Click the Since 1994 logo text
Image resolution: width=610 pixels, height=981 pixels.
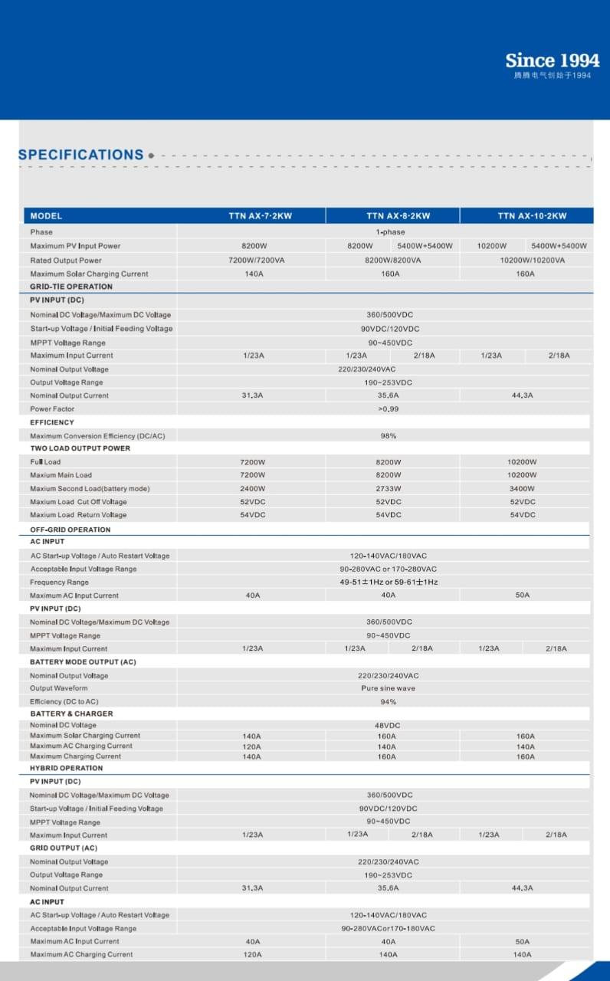(552, 61)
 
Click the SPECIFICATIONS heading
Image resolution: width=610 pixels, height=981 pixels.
(80, 155)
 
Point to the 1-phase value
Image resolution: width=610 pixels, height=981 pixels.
(390, 232)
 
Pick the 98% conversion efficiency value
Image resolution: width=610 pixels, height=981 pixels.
(389, 436)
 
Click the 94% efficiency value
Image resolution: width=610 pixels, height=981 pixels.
(389, 702)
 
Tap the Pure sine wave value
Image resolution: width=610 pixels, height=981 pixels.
(389, 688)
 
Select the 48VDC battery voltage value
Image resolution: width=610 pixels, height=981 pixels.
(389, 725)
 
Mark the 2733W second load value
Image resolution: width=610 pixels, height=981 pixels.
(389, 489)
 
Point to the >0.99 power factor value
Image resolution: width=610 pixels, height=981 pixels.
(389, 409)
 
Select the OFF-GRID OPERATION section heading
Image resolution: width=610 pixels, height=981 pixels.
(71, 530)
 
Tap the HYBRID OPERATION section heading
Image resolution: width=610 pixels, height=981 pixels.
(66, 768)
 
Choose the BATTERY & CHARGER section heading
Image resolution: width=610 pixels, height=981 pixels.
(71, 714)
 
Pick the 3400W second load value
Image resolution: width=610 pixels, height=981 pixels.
(522, 489)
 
